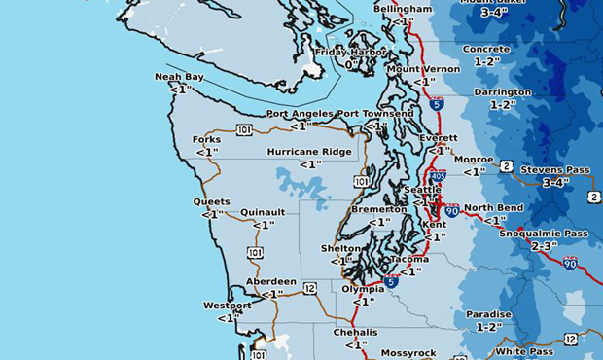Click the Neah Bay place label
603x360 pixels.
(x=179, y=76)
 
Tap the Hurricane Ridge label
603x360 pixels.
(x=310, y=152)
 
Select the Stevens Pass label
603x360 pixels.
(x=555, y=170)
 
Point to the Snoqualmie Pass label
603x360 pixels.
(x=544, y=234)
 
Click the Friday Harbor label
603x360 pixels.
(x=351, y=52)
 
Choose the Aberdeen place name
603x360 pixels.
(x=271, y=281)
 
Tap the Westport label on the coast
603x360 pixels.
(x=228, y=306)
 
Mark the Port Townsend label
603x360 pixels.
(x=375, y=114)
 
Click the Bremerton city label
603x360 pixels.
(x=378, y=209)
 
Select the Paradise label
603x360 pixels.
(x=488, y=314)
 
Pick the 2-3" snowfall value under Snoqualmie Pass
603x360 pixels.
(x=543, y=246)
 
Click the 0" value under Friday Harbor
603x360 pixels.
(x=351, y=64)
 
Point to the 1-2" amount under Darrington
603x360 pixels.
(x=503, y=104)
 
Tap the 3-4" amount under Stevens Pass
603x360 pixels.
(x=555, y=183)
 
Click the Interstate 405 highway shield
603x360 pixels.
(x=439, y=176)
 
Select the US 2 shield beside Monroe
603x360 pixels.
(x=507, y=166)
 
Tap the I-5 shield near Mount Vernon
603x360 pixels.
(x=437, y=103)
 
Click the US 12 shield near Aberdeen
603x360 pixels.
(x=309, y=288)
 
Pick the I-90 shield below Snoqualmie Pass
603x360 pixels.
(x=570, y=263)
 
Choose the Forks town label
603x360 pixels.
(x=206, y=139)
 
